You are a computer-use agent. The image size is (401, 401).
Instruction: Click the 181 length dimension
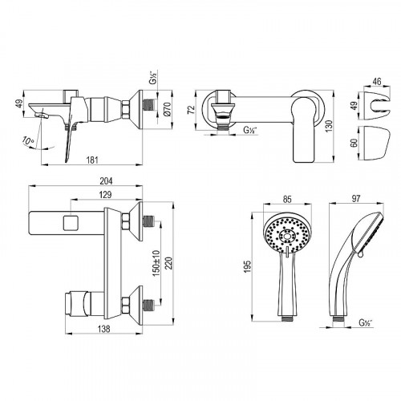[x=92, y=160]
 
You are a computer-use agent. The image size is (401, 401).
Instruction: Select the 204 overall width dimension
[x=106, y=181]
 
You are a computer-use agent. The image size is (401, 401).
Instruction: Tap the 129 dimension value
[x=105, y=195]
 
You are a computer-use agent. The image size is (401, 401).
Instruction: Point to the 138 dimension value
[x=103, y=329]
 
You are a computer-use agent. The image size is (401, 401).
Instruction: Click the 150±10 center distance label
[x=156, y=263]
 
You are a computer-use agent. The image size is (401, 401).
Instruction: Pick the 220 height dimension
[x=169, y=263]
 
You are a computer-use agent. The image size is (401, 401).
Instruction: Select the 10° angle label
[x=28, y=140]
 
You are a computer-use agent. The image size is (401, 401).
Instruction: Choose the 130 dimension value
[x=330, y=126]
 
